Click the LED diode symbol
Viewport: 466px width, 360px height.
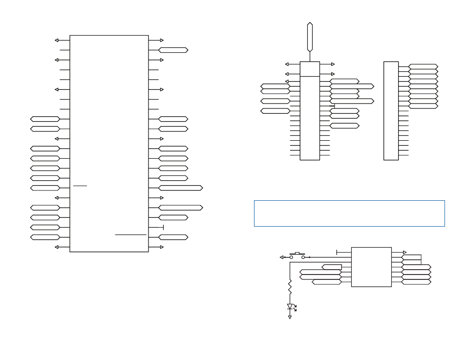tap(290, 307)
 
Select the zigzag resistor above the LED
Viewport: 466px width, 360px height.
tap(290, 287)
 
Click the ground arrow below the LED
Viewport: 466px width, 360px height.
tap(290, 317)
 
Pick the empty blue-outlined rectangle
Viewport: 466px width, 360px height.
tap(349, 213)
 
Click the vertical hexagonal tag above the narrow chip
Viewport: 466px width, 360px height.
tap(310, 37)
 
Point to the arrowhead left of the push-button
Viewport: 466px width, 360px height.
tap(281, 257)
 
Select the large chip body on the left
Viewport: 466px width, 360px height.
tap(109, 144)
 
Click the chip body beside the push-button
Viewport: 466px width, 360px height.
tap(371, 267)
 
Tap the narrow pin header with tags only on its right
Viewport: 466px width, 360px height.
tap(391, 111)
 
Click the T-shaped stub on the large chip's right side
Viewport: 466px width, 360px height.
tap(162, 228)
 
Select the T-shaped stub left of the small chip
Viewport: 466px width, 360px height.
tap(338, 253)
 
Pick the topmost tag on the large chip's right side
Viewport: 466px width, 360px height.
tap(173, 50)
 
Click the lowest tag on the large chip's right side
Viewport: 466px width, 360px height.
tap(173, 237)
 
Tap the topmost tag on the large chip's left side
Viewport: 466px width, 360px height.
tap(45, 119)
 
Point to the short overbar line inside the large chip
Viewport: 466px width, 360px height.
tap(80, 186)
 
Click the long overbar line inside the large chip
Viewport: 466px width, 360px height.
tap(131, 235)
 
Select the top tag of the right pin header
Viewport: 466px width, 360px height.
tap(423, 66)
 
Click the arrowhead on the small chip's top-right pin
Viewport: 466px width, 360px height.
tap(404, 253)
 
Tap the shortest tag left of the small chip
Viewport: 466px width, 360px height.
tap(332, 267)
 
